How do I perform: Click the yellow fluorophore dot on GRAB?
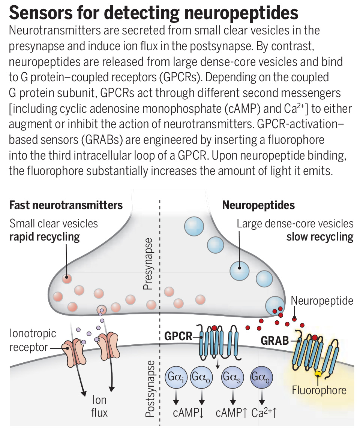(318, 374)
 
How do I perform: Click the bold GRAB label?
(275, 341)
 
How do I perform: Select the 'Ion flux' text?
(99, 406)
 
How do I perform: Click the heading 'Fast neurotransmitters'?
(66, 205)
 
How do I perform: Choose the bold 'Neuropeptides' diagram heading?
(258, 205)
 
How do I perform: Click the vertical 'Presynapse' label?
(148, 264)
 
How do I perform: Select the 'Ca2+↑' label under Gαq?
(264, 413)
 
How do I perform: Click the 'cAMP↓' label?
(188, 413)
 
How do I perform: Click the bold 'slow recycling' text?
(319, 237)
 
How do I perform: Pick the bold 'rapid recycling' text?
(45, 237)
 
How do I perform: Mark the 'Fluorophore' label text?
(319, 390)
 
